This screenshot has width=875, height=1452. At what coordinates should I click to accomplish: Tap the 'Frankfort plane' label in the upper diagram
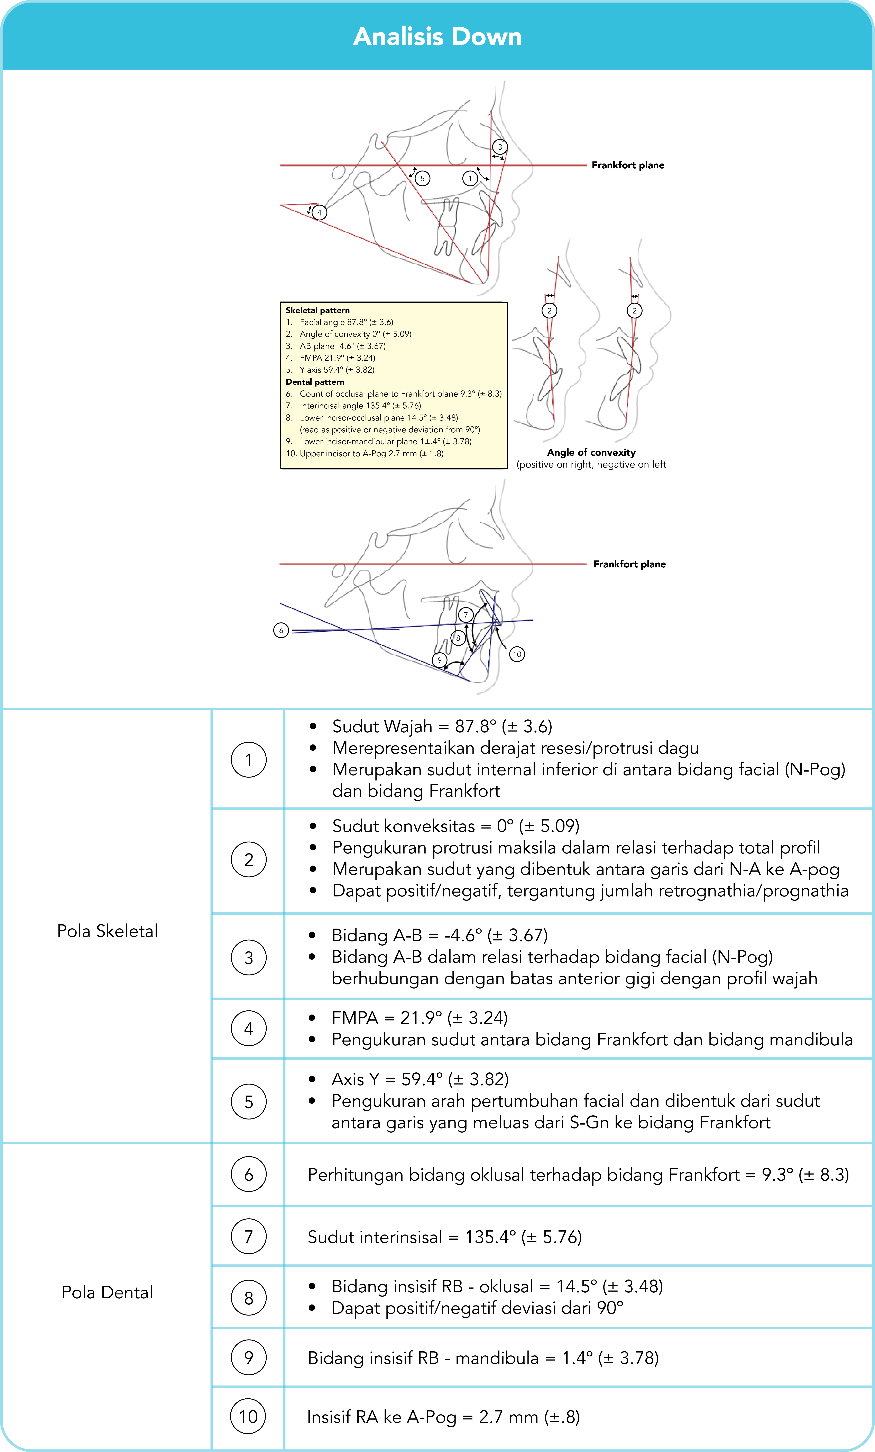pyautogui.click(x=628, y=165)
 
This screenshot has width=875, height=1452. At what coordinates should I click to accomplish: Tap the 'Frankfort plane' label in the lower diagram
pyautogui.click(x=629, y=564)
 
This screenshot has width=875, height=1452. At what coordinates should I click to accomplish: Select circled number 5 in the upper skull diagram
pyautogui.click(x=422, y=179)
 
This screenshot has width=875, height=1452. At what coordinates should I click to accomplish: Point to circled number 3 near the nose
pyautogui.click(x=500, y=147)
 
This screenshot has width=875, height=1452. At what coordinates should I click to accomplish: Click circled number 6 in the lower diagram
pyautogui.click(x=281, y=630)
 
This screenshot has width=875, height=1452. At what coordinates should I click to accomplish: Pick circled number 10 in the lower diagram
pyautogui.click(x=517, y=654)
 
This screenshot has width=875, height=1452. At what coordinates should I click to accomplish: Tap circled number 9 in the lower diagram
pyautogui.click(x=439, y=660)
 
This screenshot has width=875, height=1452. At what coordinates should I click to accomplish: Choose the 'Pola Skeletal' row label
pyautogui.click(x=107, y=931)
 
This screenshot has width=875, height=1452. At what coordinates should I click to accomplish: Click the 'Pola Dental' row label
pyautogui.click(x=107, y=1292)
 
